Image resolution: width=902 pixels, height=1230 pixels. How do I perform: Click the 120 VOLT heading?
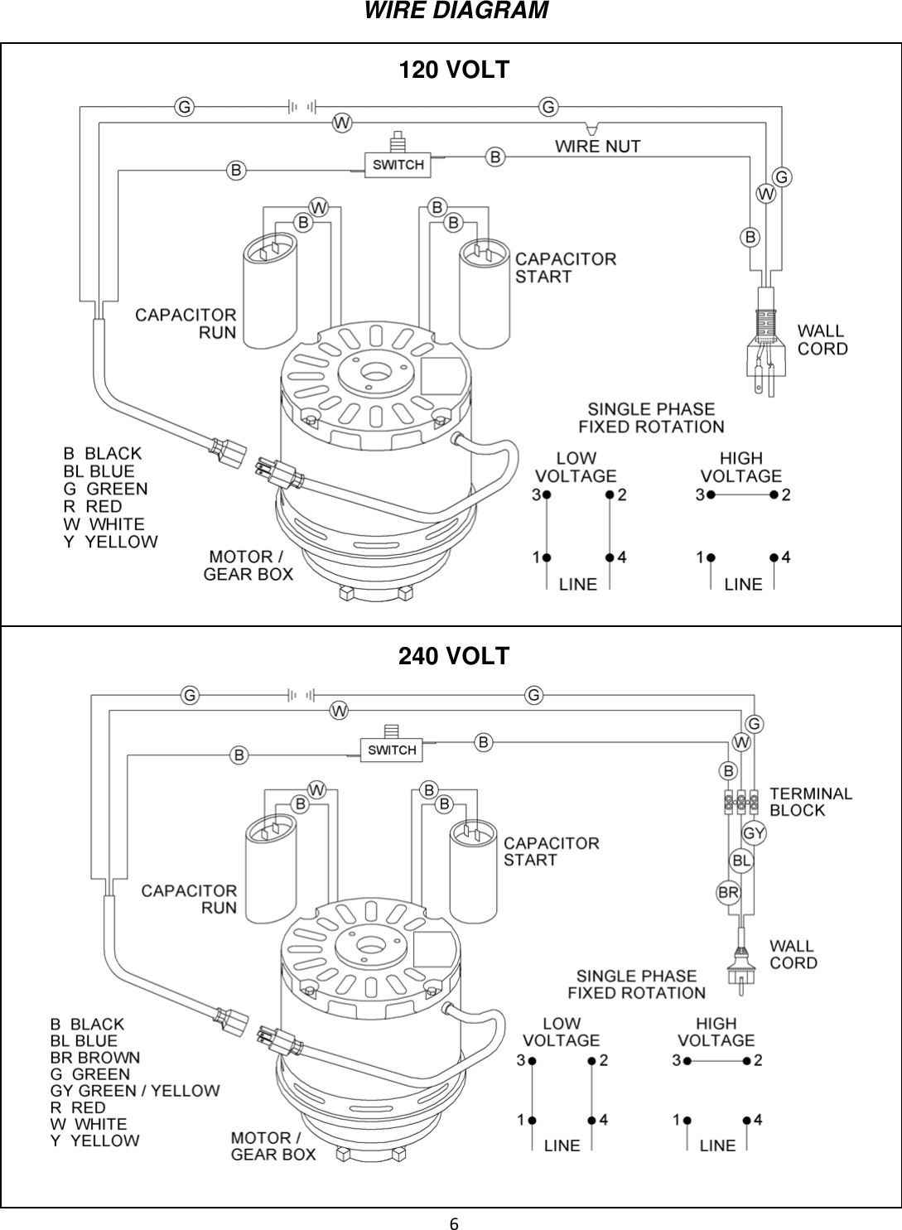454,70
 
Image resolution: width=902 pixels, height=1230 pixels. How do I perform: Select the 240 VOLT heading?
454,656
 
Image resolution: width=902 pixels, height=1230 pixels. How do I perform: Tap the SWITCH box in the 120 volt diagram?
398,164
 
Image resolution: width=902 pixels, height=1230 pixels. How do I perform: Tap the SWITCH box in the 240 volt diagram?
392,750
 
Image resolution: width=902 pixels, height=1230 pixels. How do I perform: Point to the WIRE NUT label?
597,147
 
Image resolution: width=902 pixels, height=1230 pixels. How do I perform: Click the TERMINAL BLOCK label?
810,802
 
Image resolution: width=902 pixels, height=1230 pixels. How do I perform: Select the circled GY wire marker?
754,832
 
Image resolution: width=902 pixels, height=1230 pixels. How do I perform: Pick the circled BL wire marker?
742,861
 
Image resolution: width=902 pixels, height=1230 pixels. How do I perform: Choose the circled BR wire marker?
728,893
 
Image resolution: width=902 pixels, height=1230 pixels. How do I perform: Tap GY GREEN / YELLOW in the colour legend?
135,1091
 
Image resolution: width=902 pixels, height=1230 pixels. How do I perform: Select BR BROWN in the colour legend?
95,1058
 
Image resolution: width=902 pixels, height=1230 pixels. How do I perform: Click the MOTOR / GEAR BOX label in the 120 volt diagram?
248,565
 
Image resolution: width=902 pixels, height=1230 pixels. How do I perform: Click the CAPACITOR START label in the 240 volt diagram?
551,851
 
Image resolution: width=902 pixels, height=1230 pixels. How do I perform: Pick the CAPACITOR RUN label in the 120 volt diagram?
186,324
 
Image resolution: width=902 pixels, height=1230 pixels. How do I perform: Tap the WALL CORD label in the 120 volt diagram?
822,340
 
